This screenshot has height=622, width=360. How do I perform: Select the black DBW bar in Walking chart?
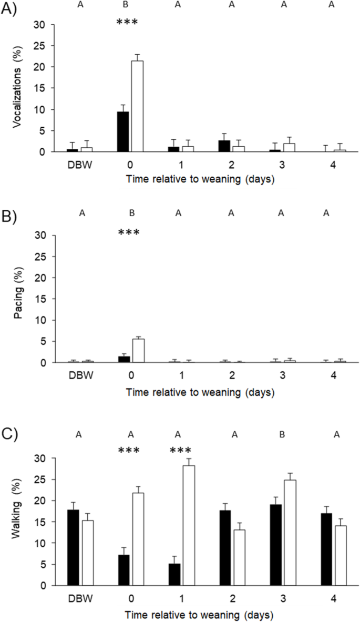[74, 547]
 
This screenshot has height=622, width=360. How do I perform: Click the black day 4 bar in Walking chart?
[327, 549]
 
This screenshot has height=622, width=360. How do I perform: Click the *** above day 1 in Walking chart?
[180, 451]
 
